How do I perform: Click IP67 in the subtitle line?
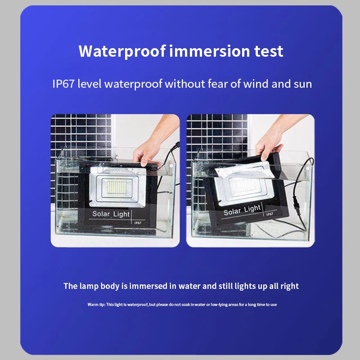coord(63,84)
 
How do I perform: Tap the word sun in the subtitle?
coord(301,84)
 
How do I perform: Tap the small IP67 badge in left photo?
coord(138,222)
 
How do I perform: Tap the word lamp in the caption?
coord(87,286)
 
